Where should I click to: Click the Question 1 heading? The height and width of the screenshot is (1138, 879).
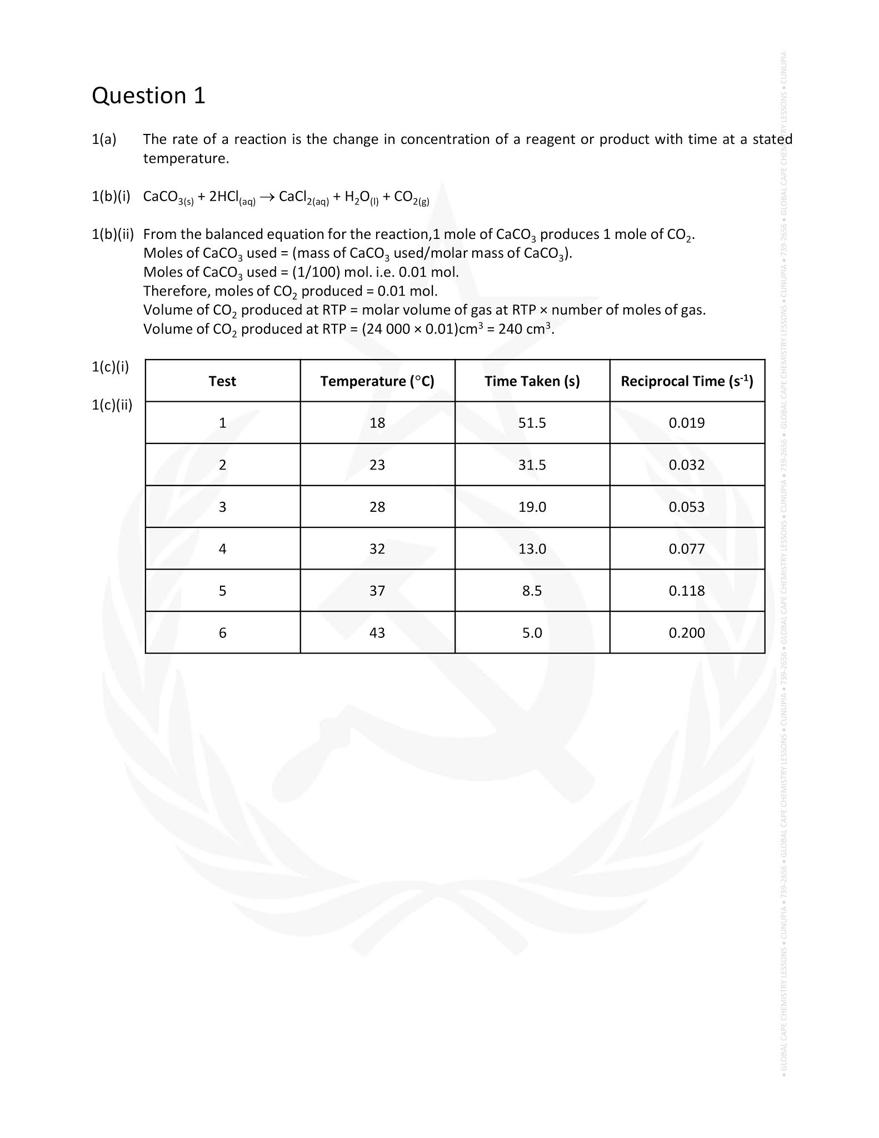[148, 96]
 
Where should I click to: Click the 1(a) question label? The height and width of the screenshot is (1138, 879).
[104, 139]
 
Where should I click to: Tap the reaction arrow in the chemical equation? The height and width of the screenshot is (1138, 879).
[267, 197]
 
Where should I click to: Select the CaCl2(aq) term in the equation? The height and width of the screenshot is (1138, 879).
[303, 198]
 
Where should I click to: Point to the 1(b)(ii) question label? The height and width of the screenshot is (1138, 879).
[113, 234]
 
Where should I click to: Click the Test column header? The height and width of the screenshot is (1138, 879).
[222, 381]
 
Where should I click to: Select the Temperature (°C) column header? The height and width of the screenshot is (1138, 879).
[377, 381]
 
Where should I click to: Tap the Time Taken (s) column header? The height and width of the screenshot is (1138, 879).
[532, 381]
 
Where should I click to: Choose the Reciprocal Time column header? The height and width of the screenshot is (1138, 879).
[687, 381]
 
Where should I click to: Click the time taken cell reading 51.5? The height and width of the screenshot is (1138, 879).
[532, 423]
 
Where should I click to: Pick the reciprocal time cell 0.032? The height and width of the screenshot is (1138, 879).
[687, 465]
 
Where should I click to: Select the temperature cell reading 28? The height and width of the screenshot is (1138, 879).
[377, 507]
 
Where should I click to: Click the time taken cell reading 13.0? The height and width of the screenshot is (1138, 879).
[532, 549]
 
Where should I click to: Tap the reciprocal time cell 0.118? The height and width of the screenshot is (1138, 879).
[687, 591]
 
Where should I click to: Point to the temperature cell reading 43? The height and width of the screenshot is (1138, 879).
[377, 633]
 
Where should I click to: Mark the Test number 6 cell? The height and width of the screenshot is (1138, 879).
[222, 633]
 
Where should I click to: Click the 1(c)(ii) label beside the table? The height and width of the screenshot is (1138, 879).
[112, 405]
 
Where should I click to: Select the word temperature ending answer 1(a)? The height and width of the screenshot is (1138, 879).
[186, 159]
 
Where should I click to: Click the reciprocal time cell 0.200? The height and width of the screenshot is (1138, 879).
[687, 633]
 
